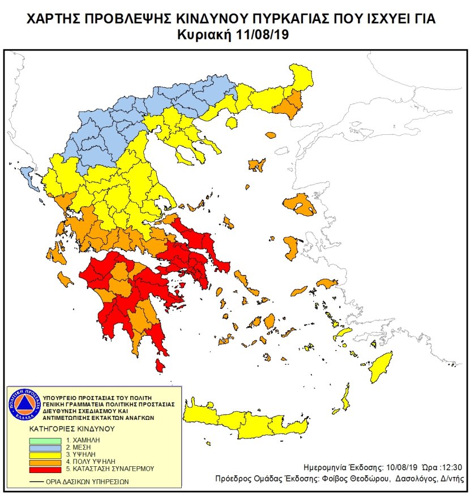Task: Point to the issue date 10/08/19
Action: (396, 468)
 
